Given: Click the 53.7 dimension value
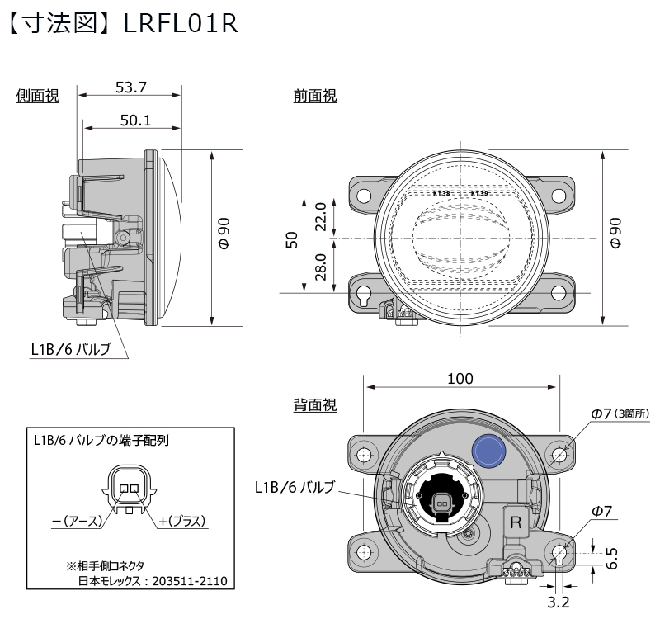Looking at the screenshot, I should click(130, 86).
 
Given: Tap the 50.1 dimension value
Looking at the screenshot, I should click(135, 120).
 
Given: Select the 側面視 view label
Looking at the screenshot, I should click(38, 97).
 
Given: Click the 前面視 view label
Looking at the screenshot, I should click(315, 97).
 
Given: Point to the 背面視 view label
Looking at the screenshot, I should click(315, 405).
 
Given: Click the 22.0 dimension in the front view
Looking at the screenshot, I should click(322, 217).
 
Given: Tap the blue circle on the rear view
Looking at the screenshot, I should click(488, 450).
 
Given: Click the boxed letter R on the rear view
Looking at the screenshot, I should click(516, 522).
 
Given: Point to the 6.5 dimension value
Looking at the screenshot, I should click(611, 559).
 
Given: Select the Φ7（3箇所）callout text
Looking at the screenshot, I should click(620, 413).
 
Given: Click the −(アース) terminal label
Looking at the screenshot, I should click(76, 521).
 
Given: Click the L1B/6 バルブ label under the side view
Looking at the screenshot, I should click(70, 349).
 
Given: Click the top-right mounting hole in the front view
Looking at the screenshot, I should click(559, 196).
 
